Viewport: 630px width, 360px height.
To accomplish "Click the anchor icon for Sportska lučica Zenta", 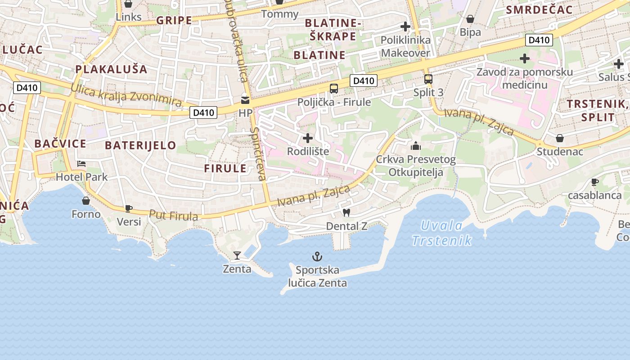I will (x=317, y=256).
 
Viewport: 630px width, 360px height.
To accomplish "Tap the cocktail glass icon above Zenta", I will (x=237, y=256).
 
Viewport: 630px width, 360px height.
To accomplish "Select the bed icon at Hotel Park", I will (x=81, y=163).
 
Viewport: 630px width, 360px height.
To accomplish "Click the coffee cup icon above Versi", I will (x=128, y=208).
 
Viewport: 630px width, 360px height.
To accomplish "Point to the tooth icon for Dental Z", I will (x=346, y=212).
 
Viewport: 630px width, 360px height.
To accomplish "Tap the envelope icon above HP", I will (x=245, y=100).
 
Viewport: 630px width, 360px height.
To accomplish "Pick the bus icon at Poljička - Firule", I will (x=333, y=89).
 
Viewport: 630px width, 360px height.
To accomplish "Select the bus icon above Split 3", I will (x=428, y=79).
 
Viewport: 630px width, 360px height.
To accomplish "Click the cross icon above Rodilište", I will (x=308, y=138).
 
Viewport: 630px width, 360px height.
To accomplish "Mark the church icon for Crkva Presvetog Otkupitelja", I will (x=415, y=146).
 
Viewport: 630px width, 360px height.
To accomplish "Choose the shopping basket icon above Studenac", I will (x=559, y=138).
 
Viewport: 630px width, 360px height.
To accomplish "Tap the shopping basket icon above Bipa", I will (x=470, y=19).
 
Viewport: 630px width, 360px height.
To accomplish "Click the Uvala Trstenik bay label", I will (x=442, y=233).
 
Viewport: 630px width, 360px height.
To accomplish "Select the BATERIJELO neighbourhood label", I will (x=140, y=145).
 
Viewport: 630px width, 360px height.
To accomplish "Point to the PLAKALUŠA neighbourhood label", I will (x=111, y=69).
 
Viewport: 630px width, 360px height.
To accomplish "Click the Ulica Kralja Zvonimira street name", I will (x=126, y=95).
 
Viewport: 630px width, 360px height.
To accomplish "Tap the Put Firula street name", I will (x=173, y=215).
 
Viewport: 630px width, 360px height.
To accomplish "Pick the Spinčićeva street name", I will (x=258, y=154).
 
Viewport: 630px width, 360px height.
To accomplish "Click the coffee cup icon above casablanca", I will (x=594, y=182).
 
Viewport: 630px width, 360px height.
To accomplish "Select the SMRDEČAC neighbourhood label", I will (x=539, y=10).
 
